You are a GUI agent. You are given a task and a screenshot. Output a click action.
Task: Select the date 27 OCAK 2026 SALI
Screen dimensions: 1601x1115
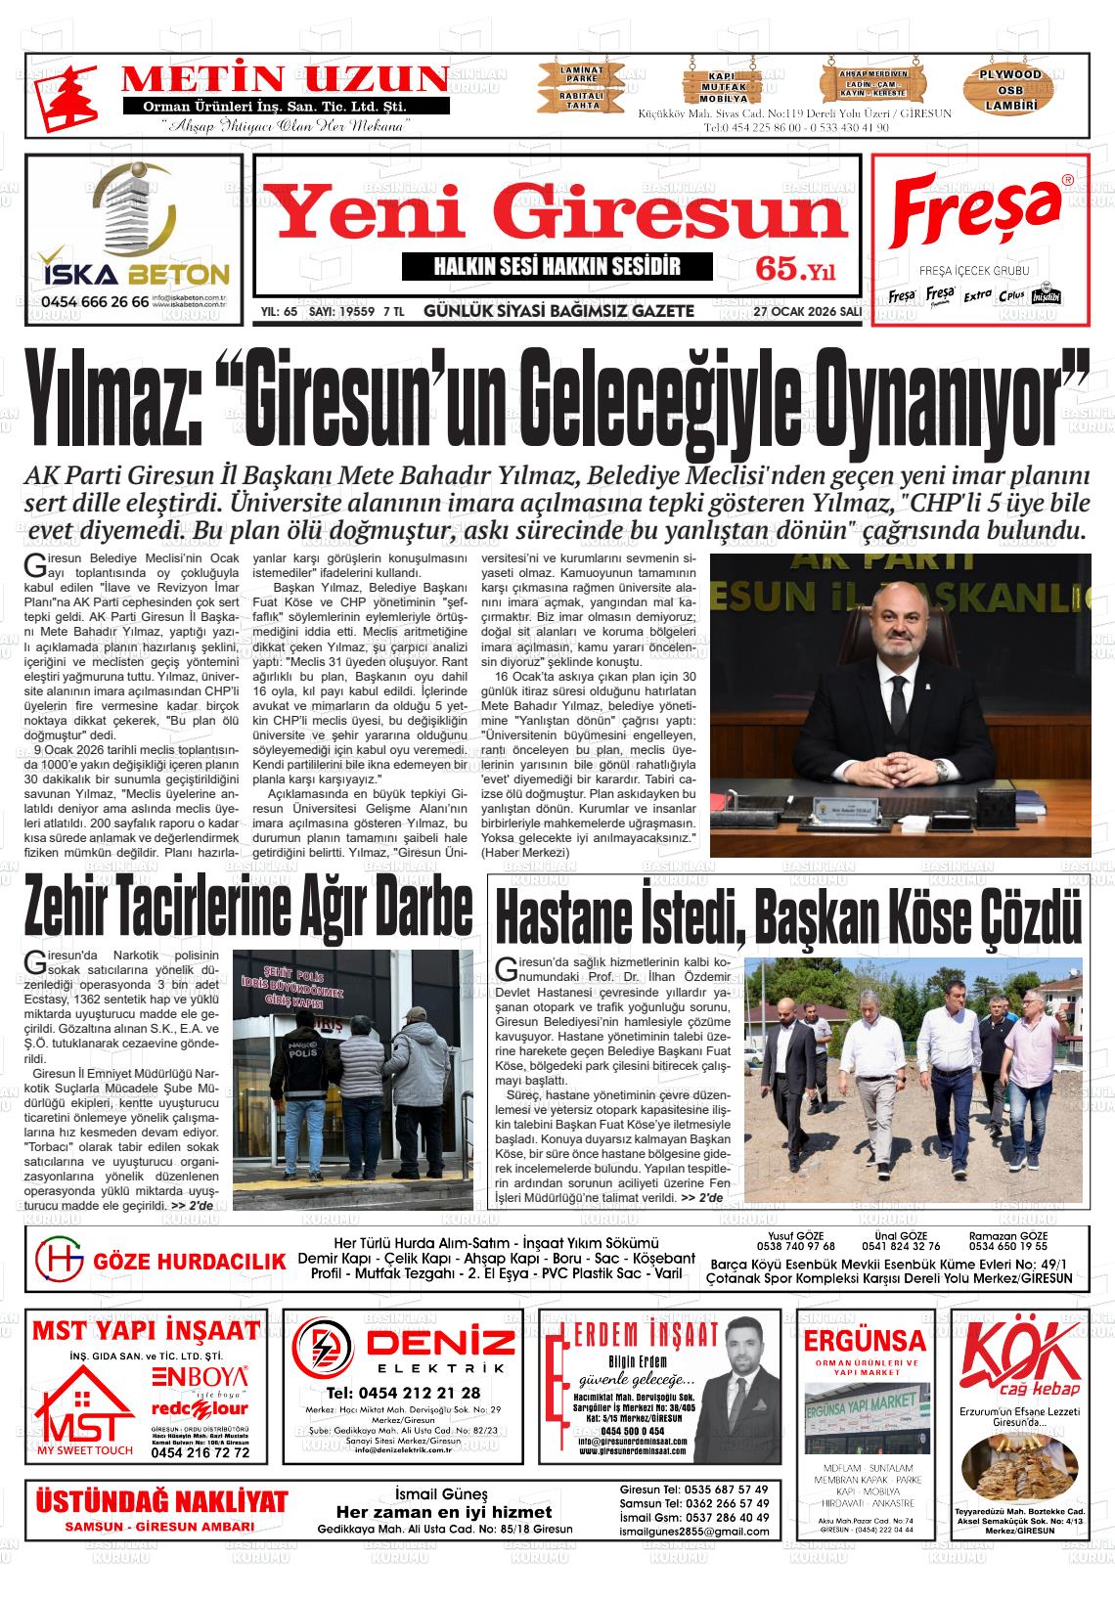pos(807,312)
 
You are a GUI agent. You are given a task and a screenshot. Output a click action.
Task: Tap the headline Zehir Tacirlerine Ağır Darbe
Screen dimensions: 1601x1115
pos(249,907)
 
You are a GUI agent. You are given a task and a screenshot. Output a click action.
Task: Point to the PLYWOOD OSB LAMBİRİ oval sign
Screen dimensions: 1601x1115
pos(1010,89)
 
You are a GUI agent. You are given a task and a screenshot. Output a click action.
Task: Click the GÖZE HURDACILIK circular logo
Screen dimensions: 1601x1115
pos(60,1261)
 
